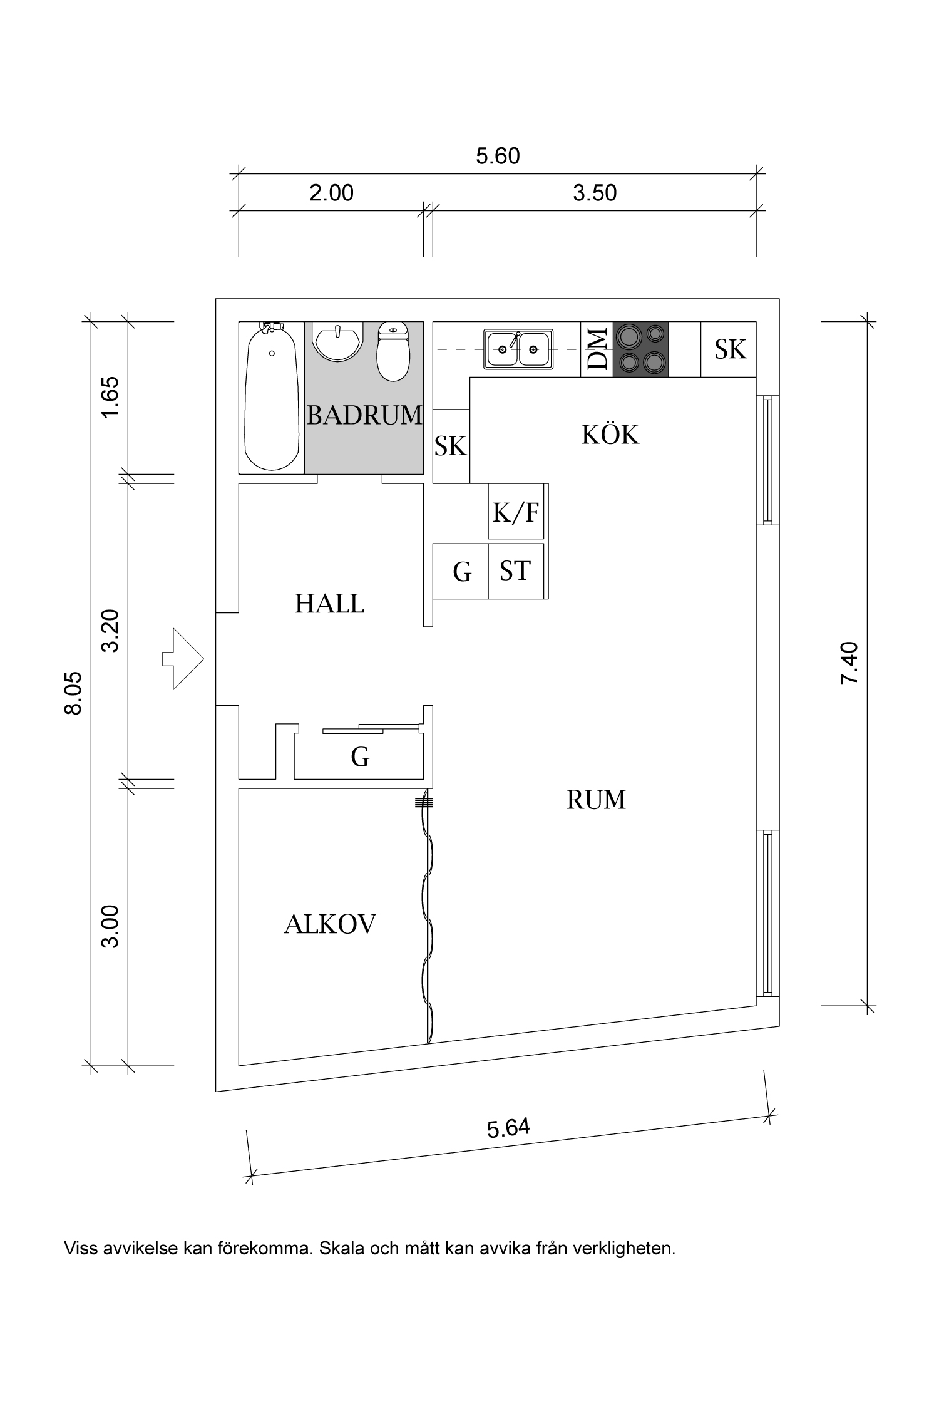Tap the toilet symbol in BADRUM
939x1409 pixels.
pyautogui.click(x=393, y=352)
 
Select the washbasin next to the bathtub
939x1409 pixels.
pyautogui.click(x=337, y=340)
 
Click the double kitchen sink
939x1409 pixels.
pyautogui.click(x=518, y=349)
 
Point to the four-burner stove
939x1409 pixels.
pyautogui.click(x=640, y=349)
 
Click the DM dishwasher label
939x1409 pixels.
pyautogui.click(x=597, y=349)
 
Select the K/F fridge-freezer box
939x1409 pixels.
pyautogui.click(x=515, y=512)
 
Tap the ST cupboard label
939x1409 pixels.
pyautogui.click(x=515, y=570)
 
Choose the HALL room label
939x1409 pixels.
pyautogui.click(x=329, y=604)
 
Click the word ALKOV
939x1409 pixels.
pyautogui.click(x=329, y=924)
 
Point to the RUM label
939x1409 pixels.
pyautogui.click(x=596, y=800)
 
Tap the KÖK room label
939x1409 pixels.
pyautogui.click(x=610, y=435)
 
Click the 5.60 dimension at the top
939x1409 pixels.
pyautogui.click(x=498, y=156)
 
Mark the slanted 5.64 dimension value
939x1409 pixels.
pyautogui.click(x=508, y=1128)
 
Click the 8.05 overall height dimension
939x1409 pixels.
pyautogui.click(x=73, y=693)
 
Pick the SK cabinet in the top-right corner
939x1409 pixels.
pyautogui.click(x=730, y=349)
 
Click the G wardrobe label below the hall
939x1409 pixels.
pyautogui.click(x=360, y=757)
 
